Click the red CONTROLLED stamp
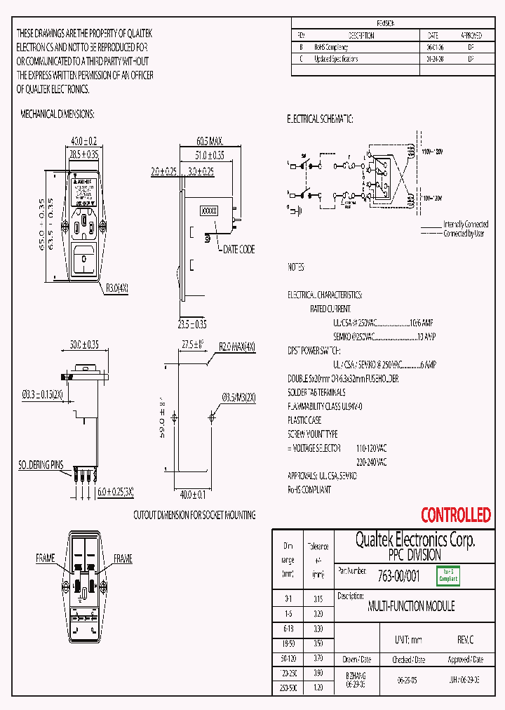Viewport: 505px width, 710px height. coord(455,515)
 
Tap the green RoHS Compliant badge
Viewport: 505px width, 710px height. coord(448,576)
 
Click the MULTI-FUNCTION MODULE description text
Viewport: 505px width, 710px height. coord(411,606)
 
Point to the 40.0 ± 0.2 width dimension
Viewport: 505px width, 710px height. coord(83,141)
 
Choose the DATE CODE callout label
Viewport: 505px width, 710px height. coord(238,249)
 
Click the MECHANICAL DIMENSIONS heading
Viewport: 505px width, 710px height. coord(58,114)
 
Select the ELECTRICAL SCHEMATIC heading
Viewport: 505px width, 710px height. coord(320,119)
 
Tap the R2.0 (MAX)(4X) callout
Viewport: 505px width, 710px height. coord(237,347)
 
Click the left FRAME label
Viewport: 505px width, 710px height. coord(46,558)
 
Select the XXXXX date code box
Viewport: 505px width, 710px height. coord(209,210)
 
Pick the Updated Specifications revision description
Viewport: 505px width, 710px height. coord(336,59)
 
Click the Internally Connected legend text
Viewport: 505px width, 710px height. coord(466,225)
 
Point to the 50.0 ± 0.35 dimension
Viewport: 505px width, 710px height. coord(83,344)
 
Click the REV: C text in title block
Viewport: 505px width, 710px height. coord(465,641)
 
